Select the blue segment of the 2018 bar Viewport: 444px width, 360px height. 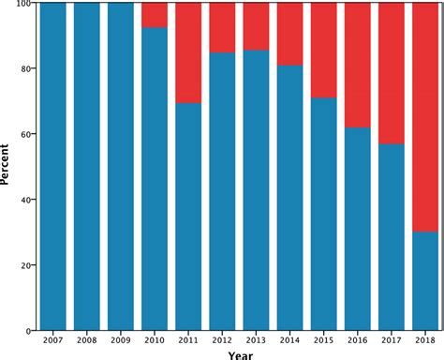pos(425,281)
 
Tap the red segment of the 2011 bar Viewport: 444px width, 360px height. pos(188,52)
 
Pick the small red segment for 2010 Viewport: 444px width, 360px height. pos(155,15)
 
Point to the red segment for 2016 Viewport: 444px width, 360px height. pos(358,65)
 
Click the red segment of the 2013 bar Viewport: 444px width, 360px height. pos(256,26)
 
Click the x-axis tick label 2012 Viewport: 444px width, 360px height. pos(222,341)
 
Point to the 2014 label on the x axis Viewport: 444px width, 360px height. pos(289,341)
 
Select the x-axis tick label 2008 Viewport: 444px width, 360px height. pos(87,341)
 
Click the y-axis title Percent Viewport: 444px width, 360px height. pos(7,167)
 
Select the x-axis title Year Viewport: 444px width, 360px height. pos(239,354)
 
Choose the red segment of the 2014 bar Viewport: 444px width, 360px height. pos(289,34)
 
